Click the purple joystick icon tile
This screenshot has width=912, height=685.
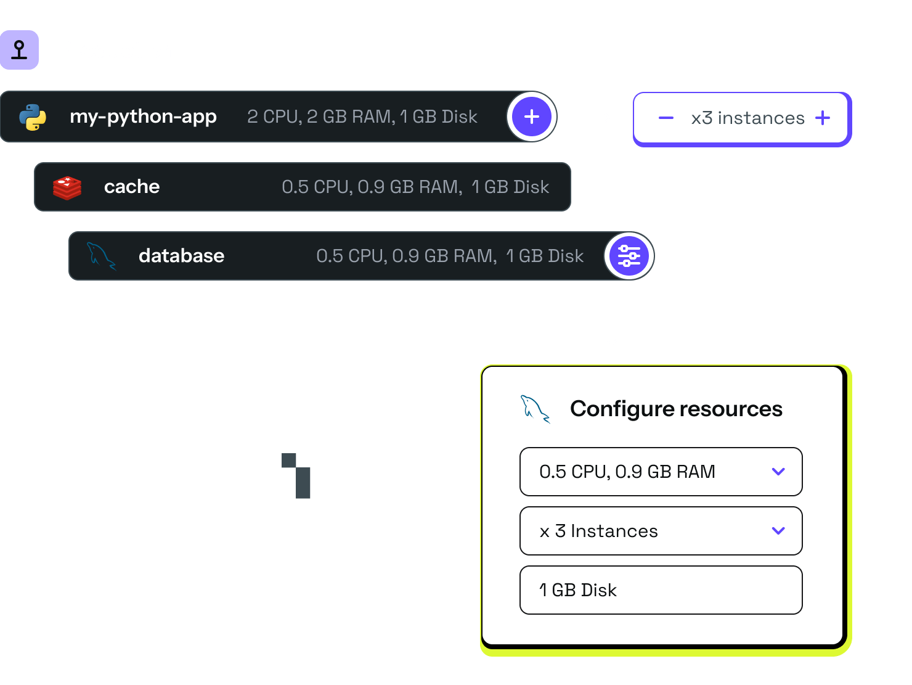tap(19, 50)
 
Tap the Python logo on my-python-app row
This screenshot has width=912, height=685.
tap(33, 117)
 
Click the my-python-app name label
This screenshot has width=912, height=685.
tap(144, 117)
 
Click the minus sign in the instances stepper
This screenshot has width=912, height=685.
tap(666, 118)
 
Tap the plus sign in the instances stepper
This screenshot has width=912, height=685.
tap(822, 118)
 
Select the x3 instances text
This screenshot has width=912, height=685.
tap(748, 118)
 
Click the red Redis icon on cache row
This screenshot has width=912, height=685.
tap(67, 188)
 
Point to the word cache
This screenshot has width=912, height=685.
tap(132, 187)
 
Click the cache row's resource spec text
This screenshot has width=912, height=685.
tap(415, 187)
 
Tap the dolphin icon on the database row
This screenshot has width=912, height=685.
tap(101, 256)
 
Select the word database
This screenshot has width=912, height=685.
tap(182, 256)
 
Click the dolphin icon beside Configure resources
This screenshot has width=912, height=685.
tap(535, 409)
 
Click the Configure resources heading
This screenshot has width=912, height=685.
tap(676, 409)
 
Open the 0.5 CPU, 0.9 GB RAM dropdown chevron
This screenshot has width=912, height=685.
tap(778, 471)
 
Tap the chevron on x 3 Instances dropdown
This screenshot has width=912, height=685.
tap(778, 530)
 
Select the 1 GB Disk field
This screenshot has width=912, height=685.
tap(661, 590)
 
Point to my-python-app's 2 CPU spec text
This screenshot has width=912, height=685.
tap(362, 117)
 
